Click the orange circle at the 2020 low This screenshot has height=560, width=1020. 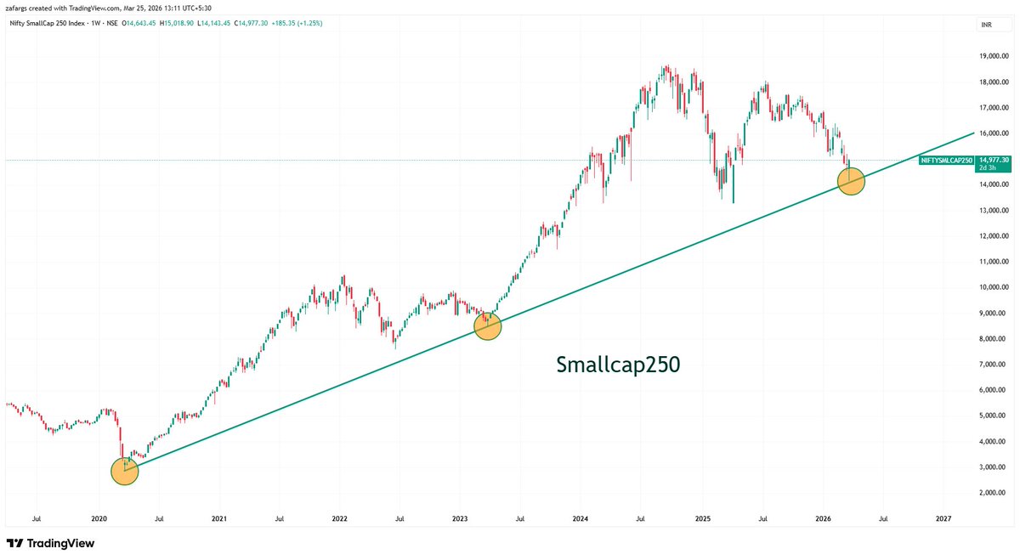(x=125, y=472)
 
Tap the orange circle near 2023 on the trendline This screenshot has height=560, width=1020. (x=488, y=325)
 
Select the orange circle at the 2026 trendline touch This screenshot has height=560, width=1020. (x=851, y=180)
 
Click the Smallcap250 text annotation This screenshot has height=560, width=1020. (x=618, y=365)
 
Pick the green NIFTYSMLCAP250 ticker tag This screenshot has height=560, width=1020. (x=948, y=160)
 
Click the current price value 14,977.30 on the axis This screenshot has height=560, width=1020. (x=994, y=159)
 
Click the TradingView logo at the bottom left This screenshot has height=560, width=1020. (x=51, y=543)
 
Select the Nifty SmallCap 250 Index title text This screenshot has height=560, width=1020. (x=51, y=23)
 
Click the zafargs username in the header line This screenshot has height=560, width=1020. (x=19, y=7)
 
